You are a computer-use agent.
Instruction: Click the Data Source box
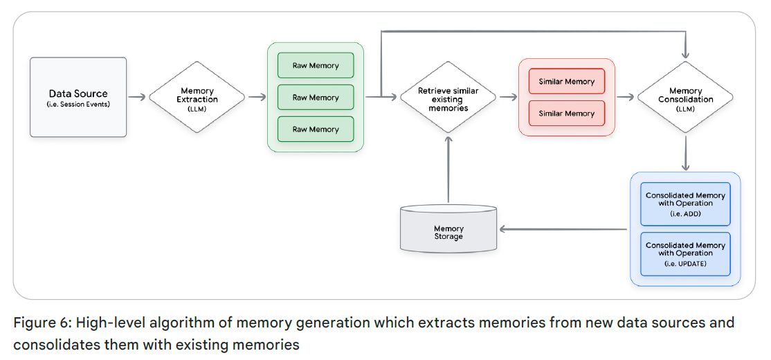point(78,97)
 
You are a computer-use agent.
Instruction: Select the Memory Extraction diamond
point(197,97)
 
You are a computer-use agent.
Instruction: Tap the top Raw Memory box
point(316,66)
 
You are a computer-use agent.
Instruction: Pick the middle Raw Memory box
point(316,98)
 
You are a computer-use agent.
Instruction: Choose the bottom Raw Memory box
point(316,129)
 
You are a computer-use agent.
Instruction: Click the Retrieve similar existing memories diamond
point(448,98)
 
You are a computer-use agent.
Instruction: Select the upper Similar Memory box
point(567,82)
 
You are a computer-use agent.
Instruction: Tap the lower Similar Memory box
point(567,114)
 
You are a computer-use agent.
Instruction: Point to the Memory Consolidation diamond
point(685,97)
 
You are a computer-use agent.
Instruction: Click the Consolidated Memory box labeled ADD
point(685,204)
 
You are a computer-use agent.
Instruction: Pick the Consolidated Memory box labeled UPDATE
point(685,253)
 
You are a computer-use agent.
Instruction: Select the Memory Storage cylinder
point(448,229)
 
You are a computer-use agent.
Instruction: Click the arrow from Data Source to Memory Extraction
point(138,97)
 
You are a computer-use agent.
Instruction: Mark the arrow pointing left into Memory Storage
point(564,229)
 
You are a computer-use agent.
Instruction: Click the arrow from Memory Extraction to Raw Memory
point(257,97)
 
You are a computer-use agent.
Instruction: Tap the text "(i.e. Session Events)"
point(78,105)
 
